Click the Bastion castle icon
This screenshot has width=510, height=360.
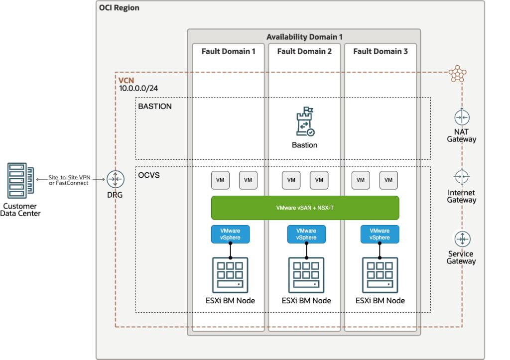click(x=304, y=122)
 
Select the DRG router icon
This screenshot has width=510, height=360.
click(x=115, y=179)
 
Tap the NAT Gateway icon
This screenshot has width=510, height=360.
click(x=462, y=117)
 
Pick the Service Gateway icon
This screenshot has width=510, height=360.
click(x=462, y=239)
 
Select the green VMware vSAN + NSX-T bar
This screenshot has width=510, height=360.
click(x=305, y=208)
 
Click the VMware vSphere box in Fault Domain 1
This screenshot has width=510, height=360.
click(x=230, y=234)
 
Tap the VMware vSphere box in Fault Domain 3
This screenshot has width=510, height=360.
click(x=379, y=234)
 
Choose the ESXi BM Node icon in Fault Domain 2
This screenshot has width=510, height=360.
click(x=306, y=275)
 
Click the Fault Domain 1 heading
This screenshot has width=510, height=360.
click(x=229, y=51)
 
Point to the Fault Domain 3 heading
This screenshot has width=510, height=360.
click(x=380, y=51)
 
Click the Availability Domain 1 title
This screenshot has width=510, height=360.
click(x=304, y=37)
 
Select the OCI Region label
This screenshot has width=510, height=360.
click(x=120, y=8)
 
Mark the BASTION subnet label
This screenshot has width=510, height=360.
click(x=155, y=106)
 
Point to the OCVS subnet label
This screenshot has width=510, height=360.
click(x=149, y=175)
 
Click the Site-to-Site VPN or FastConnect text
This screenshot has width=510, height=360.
click(x=69, y=180)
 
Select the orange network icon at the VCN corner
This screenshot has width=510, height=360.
click(x=457, y=73)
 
